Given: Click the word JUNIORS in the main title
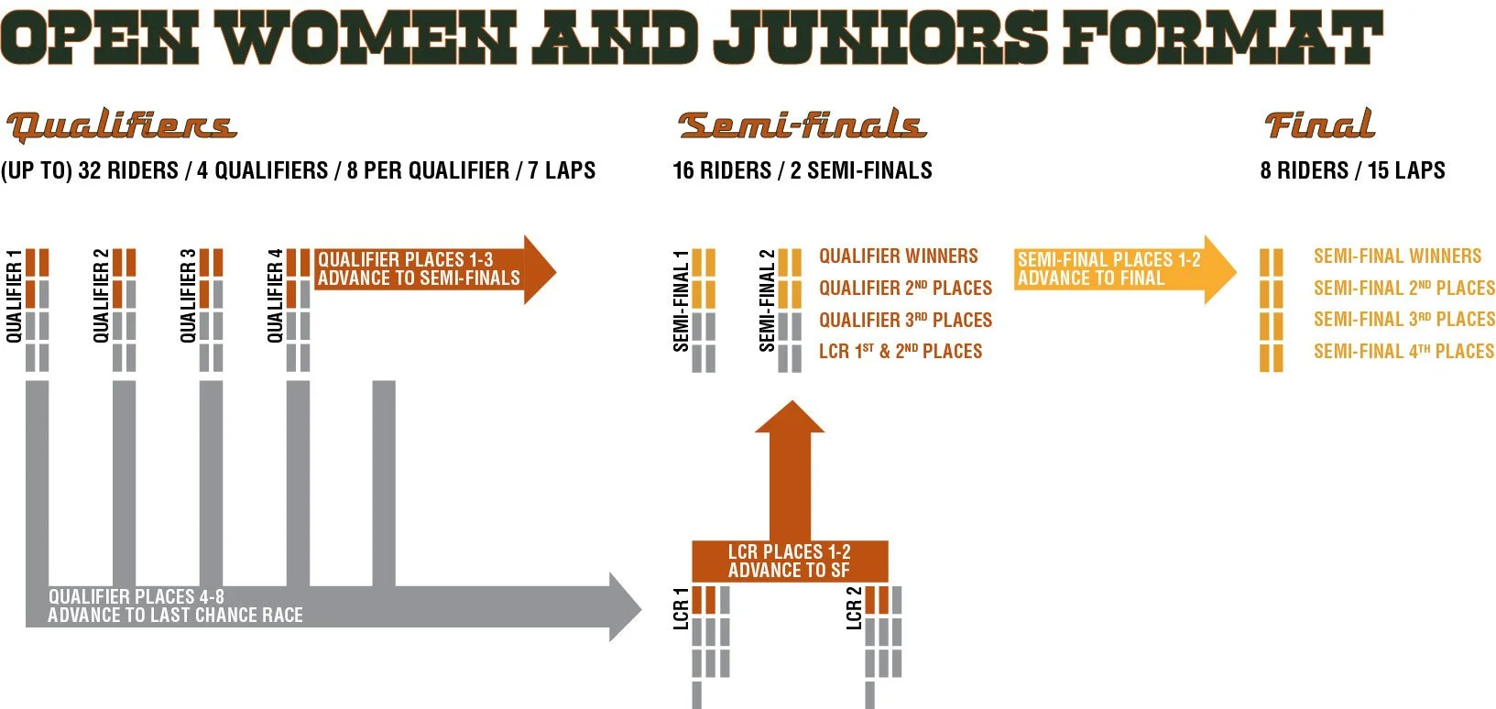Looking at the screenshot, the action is (x=879, y=38).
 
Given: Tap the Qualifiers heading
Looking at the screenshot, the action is (x=121, y=125).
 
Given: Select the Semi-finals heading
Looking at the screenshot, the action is (x=802, y=125).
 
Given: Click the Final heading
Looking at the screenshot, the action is (x=1319, y=125).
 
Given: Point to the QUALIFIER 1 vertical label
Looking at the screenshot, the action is (x=14, y=296).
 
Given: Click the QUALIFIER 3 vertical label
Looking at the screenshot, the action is (x=188, y=296).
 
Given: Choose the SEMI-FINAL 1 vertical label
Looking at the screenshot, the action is (x=681, y=300).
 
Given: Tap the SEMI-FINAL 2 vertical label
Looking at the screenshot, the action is (x=767, y=300).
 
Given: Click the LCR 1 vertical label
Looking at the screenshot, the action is (x=681, y=608).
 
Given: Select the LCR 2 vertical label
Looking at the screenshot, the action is (x=854, y=608).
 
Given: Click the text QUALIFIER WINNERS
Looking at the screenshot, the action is (x=898, y=256).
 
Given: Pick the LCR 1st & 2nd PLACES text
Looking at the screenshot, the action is (x=900, y=352).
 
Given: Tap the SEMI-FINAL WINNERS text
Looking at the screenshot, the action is (x=1397, y=256).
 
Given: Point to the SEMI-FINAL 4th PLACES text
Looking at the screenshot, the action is (x=1403, y=352).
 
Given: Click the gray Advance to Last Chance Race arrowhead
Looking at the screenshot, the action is (x=626, y=606).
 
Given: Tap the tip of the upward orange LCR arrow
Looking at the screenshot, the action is (x=790, y=408).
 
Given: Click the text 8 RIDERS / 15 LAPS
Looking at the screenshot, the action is (x=1352, y=170).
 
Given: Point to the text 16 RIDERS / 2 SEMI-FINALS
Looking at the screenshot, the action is (x=802, y=170).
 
